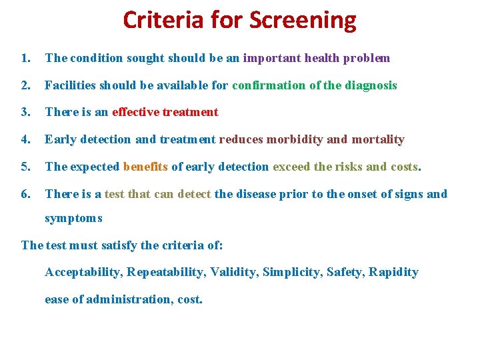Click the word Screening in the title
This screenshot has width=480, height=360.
303,21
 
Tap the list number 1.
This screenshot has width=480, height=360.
25,58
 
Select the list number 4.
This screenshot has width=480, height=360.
25,139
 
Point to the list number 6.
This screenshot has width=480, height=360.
25,194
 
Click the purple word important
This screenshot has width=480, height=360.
272,58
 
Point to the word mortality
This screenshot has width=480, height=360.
378,139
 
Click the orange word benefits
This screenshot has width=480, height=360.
146,167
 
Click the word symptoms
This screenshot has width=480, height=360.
73,219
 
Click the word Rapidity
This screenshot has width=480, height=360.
394,272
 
